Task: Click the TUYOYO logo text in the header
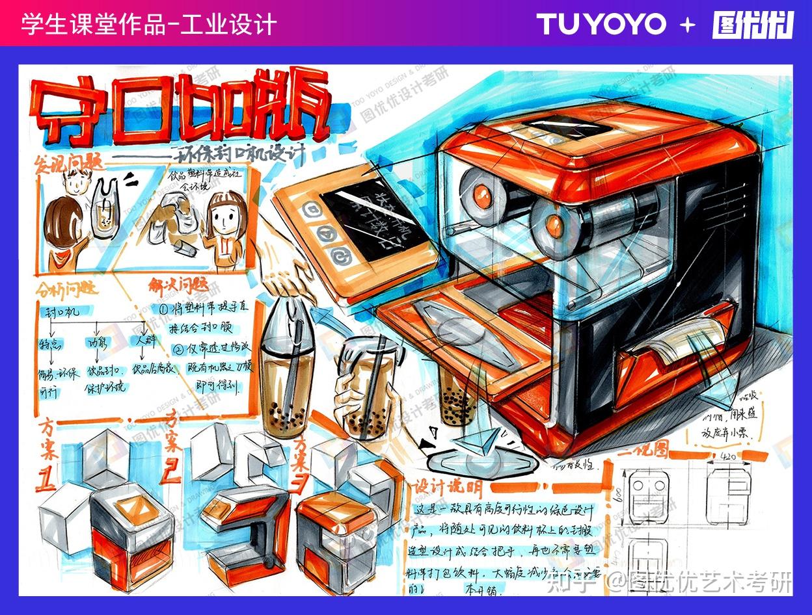(601, 25)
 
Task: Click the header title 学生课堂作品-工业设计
(149, 25)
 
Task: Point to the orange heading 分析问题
(68, 288)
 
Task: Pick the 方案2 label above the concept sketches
(172, 449)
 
